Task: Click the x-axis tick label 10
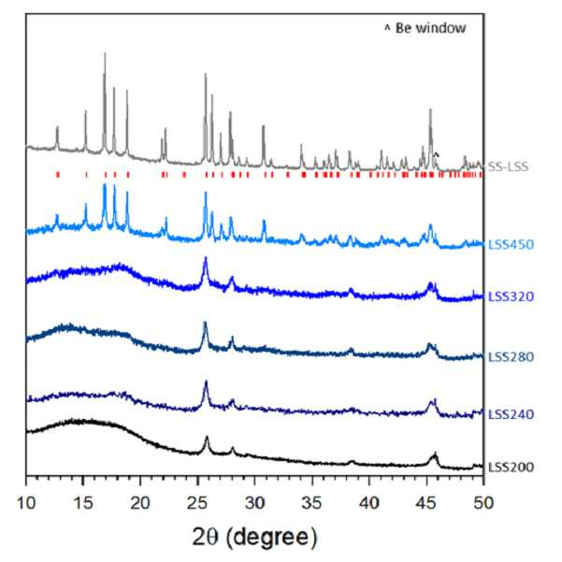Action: click(x=26, y=503)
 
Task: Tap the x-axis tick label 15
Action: click(x=83, y=503)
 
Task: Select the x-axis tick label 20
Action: click(x=140, y=503)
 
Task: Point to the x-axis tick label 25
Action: click(x=197, y=503)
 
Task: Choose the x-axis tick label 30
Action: click(x=255, y=503)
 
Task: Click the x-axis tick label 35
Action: click(x=311, y=503)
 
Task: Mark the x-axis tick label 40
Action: click(x=369, y=503)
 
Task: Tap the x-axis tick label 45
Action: click(x=426, y=503)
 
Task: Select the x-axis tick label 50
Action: click(x=483, y=503)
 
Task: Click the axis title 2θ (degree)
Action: click(x=255, y=538)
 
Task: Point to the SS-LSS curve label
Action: click(x=509, y=166)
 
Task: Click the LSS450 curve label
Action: click(x=512, y=244)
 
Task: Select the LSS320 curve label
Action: click(x=512, y=296)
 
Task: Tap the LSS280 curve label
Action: click(x=512, y=356)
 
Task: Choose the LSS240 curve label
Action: click(x=512, y=414)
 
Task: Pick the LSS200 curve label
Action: click(x=512, y=467)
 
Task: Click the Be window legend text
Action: click(x=430, y=28)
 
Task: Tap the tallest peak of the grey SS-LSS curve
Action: click(x=105, y=53)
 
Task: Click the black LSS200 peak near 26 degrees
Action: click(x=207, y=437)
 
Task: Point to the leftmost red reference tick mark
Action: click(x=58, y=175)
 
